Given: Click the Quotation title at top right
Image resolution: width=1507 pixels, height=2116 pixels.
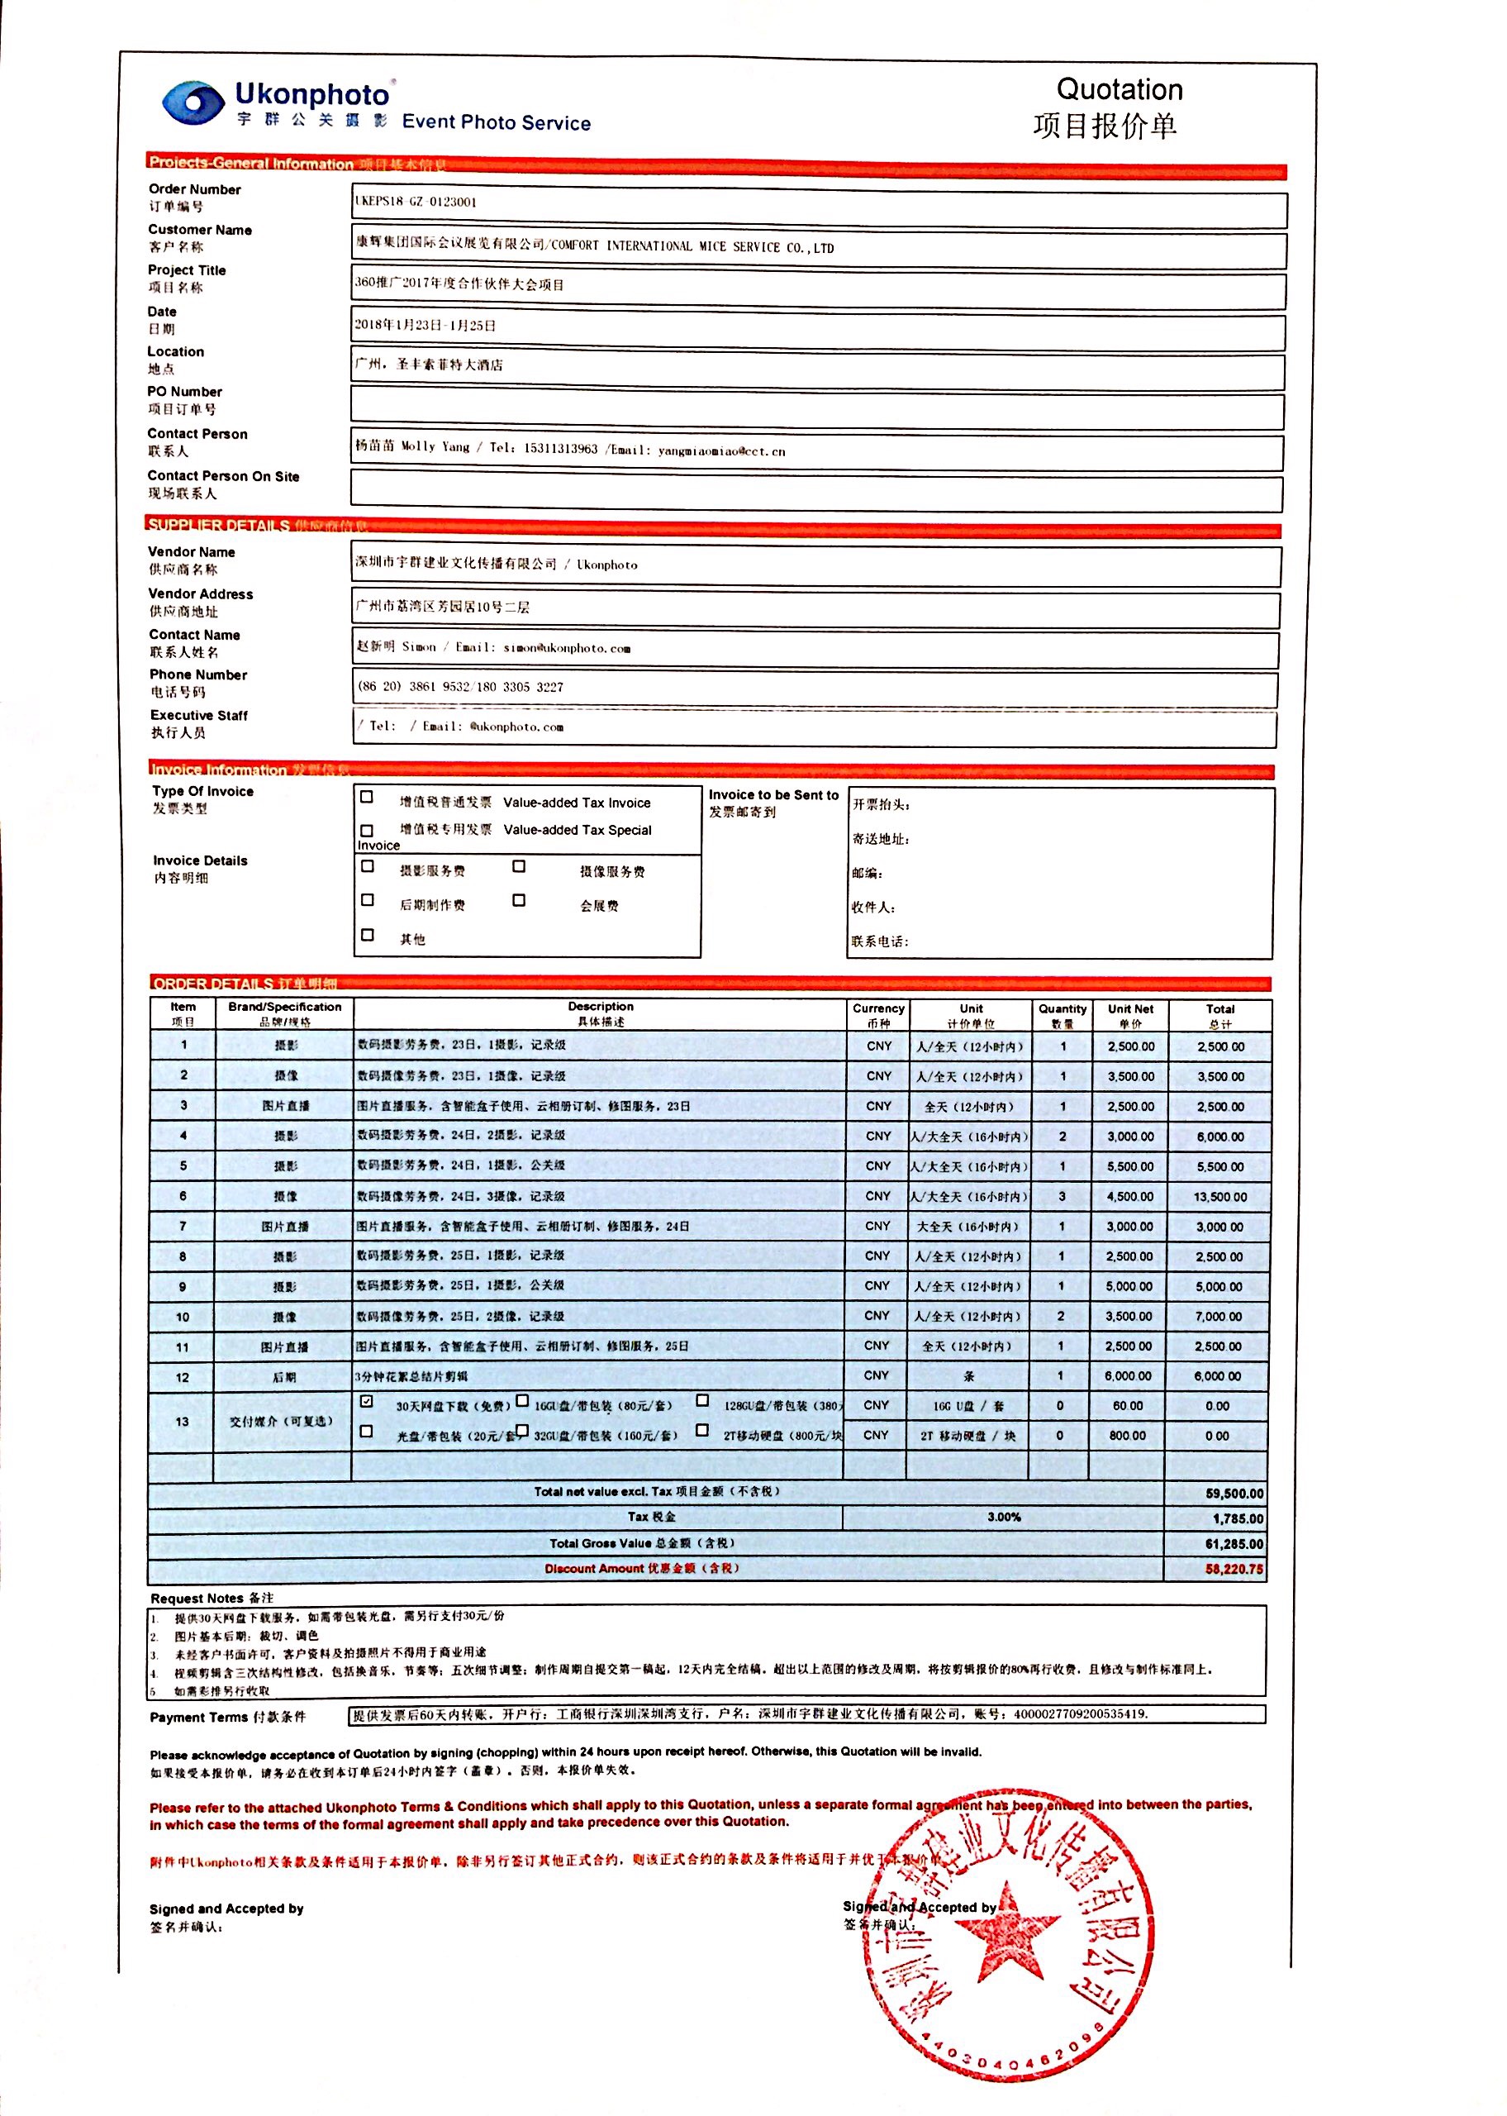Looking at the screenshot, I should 1120,90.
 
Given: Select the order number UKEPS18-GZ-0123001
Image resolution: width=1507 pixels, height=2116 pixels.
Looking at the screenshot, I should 416,202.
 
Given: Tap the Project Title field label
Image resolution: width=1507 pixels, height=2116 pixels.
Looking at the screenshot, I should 187,270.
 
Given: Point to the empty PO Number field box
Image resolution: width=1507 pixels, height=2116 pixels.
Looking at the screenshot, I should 816,407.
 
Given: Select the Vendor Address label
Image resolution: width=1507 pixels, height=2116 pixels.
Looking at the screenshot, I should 201,594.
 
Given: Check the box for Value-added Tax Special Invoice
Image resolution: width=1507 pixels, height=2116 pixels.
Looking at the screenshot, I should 368,830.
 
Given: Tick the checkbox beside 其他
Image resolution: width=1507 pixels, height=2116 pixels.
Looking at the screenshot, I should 368,936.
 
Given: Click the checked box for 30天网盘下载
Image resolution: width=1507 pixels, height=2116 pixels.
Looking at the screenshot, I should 367,1400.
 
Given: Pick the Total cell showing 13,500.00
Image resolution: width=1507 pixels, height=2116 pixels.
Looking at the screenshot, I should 1219,1197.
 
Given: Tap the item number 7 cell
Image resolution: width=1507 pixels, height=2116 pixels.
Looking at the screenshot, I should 183,1226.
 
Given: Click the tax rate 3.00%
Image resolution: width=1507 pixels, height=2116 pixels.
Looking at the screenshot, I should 1003,1518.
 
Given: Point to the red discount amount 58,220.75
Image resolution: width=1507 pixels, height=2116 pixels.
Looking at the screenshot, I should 1234,1570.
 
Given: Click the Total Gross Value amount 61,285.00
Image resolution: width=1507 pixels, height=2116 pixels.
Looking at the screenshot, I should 1234,1544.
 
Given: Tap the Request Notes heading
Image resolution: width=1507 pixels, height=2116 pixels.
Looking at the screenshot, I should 212,1598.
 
